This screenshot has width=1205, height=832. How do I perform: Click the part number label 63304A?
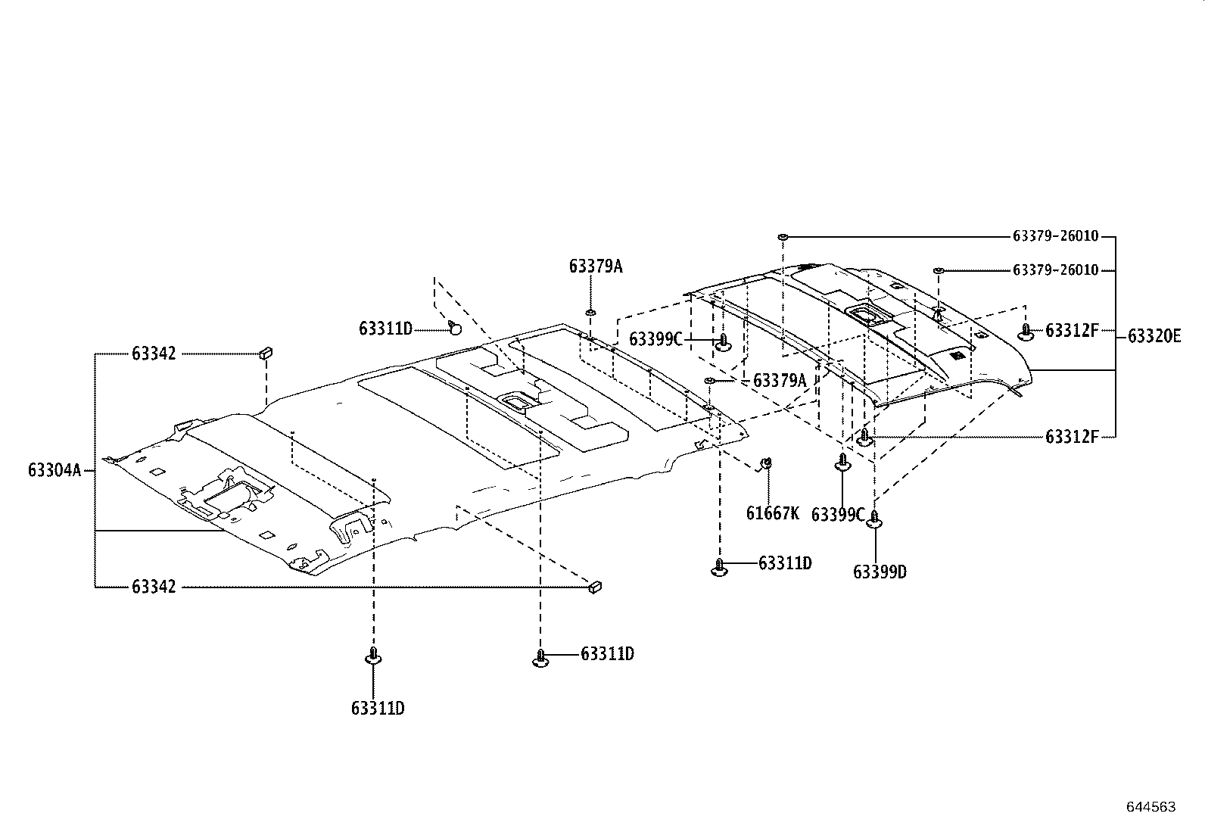coord(54,470)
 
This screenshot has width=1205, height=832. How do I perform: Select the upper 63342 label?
coord(154,354)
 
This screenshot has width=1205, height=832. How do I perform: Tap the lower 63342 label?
coord(154,587)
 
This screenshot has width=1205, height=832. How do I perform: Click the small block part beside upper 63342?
coord(266,352)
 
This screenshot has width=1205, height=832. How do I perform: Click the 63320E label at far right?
coord(1154,336)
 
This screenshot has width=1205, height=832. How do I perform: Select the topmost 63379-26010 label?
coord(1055,236)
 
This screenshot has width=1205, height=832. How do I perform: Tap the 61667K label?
coord(772,513)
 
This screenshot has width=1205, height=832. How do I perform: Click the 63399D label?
coord(880,572)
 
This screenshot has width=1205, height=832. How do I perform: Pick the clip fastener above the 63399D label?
coord(875,519)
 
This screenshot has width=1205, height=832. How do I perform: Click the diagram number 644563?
coord(1151,807)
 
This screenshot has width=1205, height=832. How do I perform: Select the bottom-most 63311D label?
coord(378,709)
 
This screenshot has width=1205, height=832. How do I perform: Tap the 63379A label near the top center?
coord(596,266)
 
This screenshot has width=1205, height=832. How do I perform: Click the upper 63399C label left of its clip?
coord(655,339)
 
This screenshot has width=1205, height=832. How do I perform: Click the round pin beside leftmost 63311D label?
coord(455,327)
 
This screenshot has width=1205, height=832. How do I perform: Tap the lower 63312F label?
coord(1071,437)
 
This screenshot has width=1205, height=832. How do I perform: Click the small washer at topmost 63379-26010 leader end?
coord(783,237)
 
